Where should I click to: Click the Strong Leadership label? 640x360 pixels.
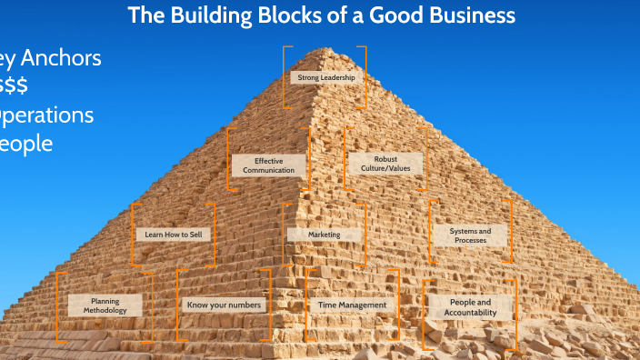pos(325,78)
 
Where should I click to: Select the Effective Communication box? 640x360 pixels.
pos(268,165)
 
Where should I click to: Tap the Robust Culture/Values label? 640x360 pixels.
pos(385,165)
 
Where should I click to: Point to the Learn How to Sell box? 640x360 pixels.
pos(174,235)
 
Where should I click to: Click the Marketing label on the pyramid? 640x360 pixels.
pos(325,235)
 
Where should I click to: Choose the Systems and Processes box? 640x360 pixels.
pos(470,235)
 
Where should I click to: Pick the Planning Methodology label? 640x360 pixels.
pos(105,305)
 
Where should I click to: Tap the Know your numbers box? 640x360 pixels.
pos(224,305)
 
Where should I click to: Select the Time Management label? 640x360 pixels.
pos(352,305)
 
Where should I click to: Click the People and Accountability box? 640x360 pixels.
pos(470,306)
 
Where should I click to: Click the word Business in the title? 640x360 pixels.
pos(475,15)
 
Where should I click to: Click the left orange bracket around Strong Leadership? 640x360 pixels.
pos(285,78)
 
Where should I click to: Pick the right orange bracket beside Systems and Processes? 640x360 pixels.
pos(509,235)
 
